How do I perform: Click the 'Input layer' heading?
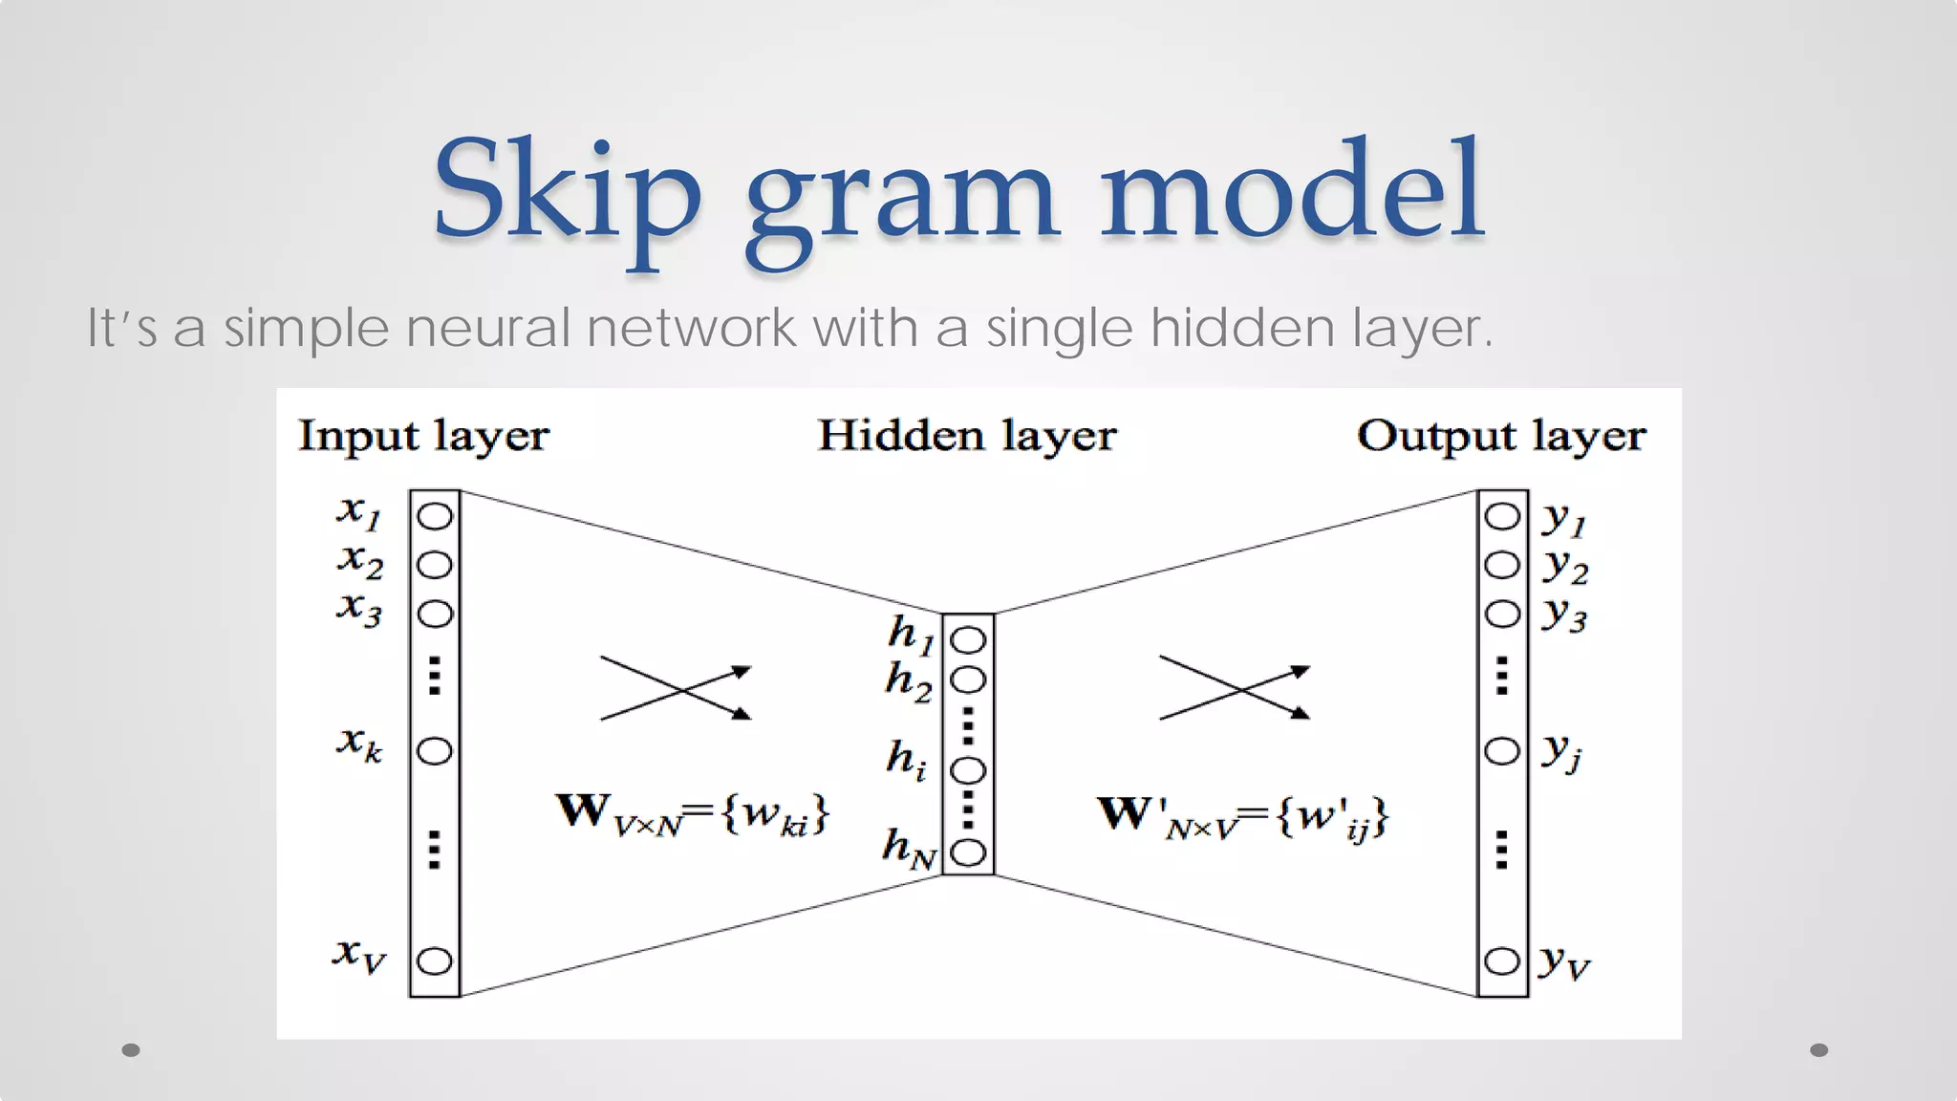(423, 437)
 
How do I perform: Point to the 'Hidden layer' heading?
(966, 437)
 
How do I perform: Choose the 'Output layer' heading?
(1500, 437)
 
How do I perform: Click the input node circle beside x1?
(435, 516)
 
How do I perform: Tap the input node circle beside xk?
(435, 751)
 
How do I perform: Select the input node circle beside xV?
(435, 961)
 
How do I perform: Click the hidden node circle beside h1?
(968, 639)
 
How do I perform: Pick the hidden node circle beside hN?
(968, 852)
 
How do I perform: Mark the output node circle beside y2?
(1501, 565)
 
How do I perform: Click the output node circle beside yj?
(1501, 751)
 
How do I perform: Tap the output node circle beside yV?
(1501, 961)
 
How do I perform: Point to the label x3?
(359, 608)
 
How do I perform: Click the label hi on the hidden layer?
(906, 760)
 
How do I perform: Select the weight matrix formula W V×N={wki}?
(693, 813)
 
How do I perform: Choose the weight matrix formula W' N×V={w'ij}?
(1242, 817)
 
